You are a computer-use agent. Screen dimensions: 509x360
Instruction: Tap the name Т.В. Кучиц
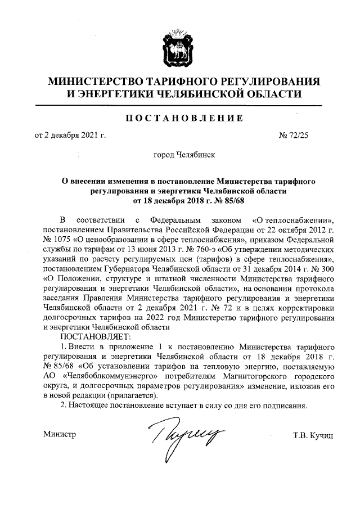coord(313,435)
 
